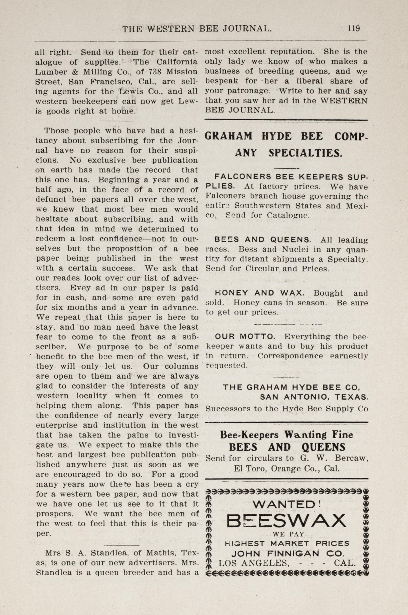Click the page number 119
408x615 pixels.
click(353, 28)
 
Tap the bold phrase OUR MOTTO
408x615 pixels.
click(245, 337)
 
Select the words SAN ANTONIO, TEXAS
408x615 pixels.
click(314, 397)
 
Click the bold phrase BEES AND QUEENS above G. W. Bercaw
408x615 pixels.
click(287, 447)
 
